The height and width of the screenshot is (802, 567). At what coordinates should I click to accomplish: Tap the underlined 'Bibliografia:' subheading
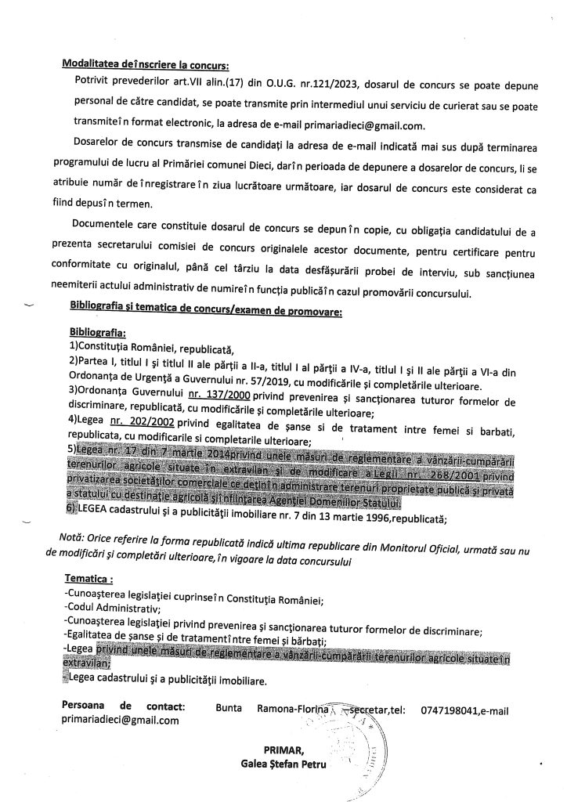click(97, 332)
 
